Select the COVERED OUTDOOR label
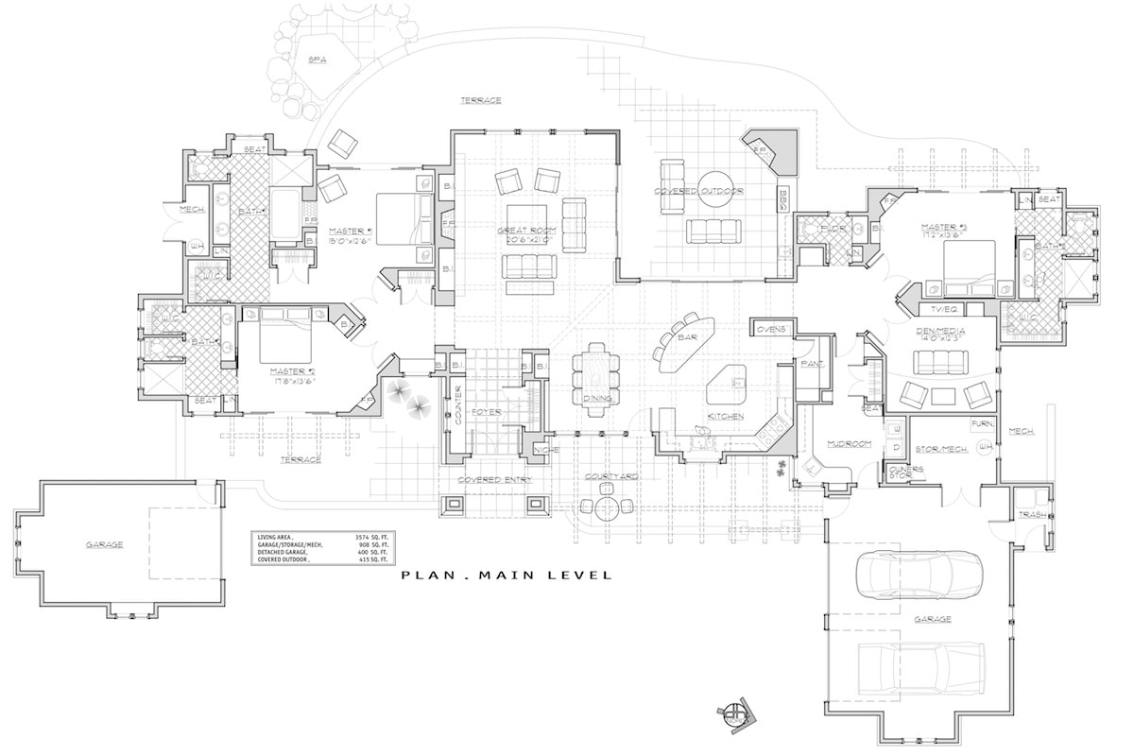click(699, 191)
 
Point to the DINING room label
click(597, 399)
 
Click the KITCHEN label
click(725, 416)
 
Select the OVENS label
click(772, 329)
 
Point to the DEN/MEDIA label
click(936, 333)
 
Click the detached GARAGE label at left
click(104, 544)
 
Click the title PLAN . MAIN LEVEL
click(506, 575)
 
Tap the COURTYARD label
click(611, 477)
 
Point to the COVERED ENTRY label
click(494, 480)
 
